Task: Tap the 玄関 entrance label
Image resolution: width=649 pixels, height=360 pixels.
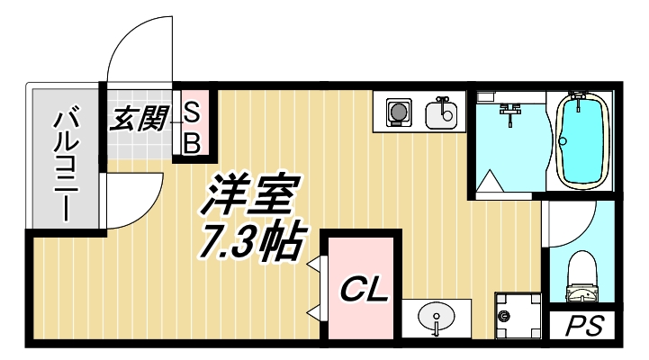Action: (x=137, y=119)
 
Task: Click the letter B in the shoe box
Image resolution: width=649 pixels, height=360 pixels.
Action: (x=192, y=142)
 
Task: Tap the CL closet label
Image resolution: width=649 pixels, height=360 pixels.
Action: (x=363, y=290)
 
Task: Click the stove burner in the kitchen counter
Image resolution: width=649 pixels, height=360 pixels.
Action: (x=397, y=113)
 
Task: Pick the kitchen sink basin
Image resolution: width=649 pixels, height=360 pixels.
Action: (x=440, y=114)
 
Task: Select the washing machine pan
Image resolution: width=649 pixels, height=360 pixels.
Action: (x=516, y=316)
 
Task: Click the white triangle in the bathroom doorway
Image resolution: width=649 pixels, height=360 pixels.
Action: (x=490, y=183)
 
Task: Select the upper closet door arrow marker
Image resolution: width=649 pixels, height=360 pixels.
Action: (x=315, y=265)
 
